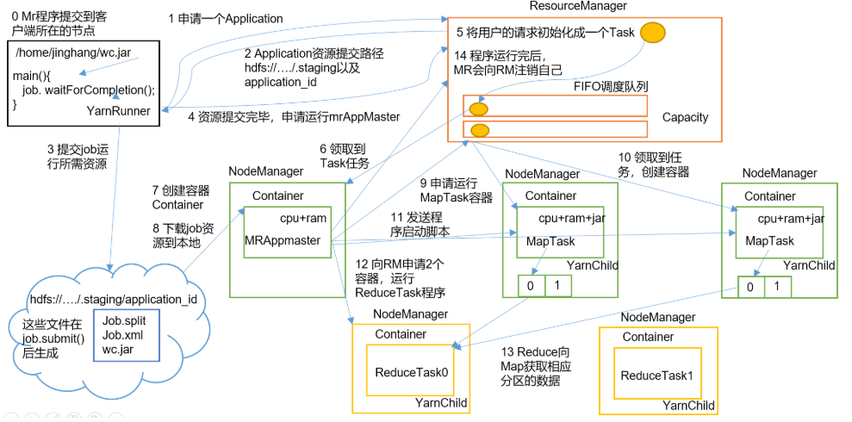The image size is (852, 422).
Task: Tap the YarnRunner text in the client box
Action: click(119, 110)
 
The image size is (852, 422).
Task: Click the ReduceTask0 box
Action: click(409, 371)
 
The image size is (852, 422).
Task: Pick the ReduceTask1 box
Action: click(656, 375)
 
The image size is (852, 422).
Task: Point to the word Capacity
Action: click(685, 117)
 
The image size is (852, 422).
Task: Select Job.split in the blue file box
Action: click(125, 320)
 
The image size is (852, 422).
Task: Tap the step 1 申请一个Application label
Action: click(225, 18)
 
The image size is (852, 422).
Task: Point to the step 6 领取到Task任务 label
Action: click(344, 155)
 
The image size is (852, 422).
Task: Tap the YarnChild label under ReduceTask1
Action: click(688, 406)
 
